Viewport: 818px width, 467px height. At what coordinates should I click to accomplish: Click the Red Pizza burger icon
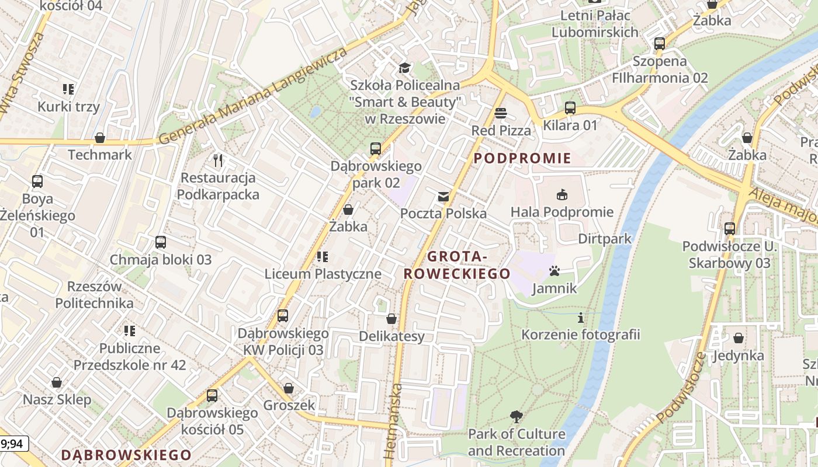click(500, 113)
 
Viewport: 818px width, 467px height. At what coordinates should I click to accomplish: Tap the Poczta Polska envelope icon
click(443, 197)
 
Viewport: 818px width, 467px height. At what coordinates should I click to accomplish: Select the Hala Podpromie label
click(562, 212)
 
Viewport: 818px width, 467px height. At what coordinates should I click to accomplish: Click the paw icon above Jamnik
click(554, 271)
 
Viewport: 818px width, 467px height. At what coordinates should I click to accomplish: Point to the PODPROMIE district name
click(522, 158)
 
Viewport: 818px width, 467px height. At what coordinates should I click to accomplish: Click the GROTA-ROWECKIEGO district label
click(457, 265)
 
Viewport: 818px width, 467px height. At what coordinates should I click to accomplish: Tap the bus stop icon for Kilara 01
click(570, 108)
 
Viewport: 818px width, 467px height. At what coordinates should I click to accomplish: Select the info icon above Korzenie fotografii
click(580, 318)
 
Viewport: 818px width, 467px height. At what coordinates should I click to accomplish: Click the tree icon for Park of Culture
click(516, 417)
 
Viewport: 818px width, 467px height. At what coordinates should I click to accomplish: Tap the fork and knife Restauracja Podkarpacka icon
click(218, 160)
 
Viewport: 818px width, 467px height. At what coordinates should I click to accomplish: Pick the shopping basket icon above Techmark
click(100, 138)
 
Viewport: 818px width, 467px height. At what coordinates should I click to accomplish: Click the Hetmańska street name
click(393, 420)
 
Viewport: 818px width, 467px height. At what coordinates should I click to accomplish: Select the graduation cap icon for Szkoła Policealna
click(404, 68)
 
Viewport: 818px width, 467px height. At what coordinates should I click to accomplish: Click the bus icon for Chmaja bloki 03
click(161, 242)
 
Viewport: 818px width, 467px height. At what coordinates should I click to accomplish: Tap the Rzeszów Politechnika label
click(95, 295)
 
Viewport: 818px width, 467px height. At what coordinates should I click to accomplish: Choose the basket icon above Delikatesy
click(391, 319)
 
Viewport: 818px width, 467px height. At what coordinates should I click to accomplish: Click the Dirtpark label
click(605, 239)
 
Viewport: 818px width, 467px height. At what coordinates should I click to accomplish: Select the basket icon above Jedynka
click(738, 338)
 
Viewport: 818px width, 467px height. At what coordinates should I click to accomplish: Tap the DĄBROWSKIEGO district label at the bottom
click(126, 455)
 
